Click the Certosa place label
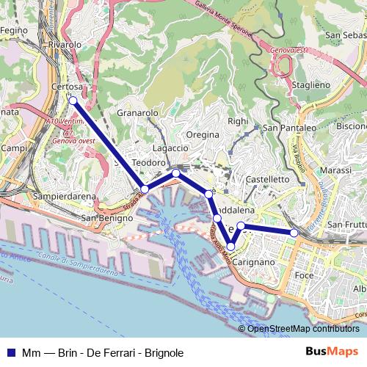tap(69, 87)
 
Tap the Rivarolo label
tap(64, 45)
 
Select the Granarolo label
tap(138, 114)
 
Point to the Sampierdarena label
tap(65, 197)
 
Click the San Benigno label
tap(101, 217)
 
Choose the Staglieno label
tap(311, 85)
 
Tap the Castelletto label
tap(269, 178)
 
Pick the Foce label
tap(304, 275)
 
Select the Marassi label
tap(336, 170)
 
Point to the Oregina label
tap(203, 135)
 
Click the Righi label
tap(238, 121)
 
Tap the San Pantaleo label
tap(289, 128)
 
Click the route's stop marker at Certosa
tap(73, 101)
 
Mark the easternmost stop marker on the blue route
tap(294, 233)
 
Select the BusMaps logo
tap(332, 352)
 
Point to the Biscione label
tap(351, 126)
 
